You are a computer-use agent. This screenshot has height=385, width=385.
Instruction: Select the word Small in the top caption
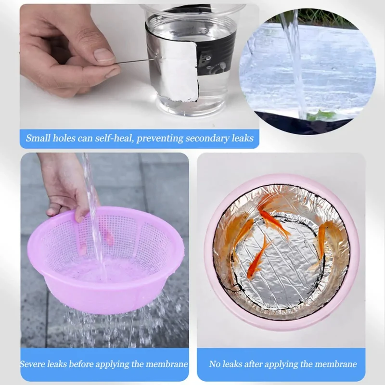(x=38, y=138)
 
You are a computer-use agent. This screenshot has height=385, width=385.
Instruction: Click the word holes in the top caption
(x=64, y=138)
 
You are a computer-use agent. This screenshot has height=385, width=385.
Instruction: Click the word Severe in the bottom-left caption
(x=32, y=364)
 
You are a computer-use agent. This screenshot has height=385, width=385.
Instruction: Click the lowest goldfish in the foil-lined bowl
(x=258, y=258)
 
